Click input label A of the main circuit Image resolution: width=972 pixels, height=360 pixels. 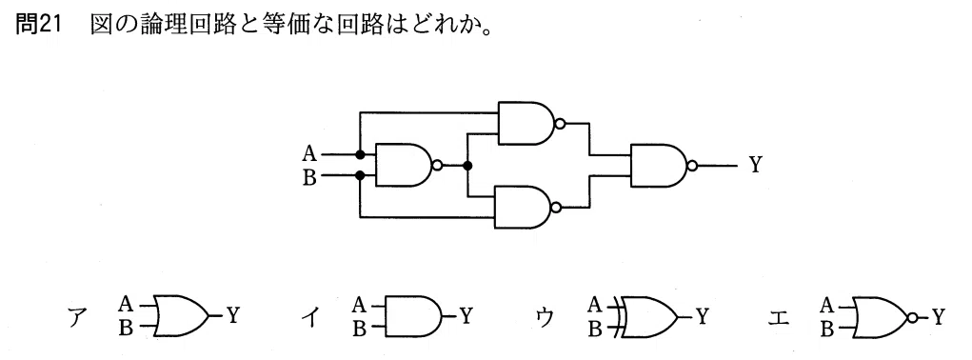[x=310, y=153]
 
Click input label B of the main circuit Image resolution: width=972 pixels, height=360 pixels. [x=310, y=178]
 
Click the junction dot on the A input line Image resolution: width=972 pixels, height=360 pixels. [x=360, y=154]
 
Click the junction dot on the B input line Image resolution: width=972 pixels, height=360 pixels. [x=360, y=176]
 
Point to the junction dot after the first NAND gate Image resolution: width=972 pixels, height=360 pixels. [x=468, y=166]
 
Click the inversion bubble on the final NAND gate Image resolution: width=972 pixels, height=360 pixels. [x=692, y=166]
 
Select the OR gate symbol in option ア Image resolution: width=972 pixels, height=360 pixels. [x=181, y=316]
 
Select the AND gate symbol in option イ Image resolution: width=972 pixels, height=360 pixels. [x=413, y=316]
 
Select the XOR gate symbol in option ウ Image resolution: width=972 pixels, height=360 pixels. [x=646, y=316]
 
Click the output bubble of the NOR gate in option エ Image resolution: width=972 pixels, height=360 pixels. [x=912, y=316]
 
